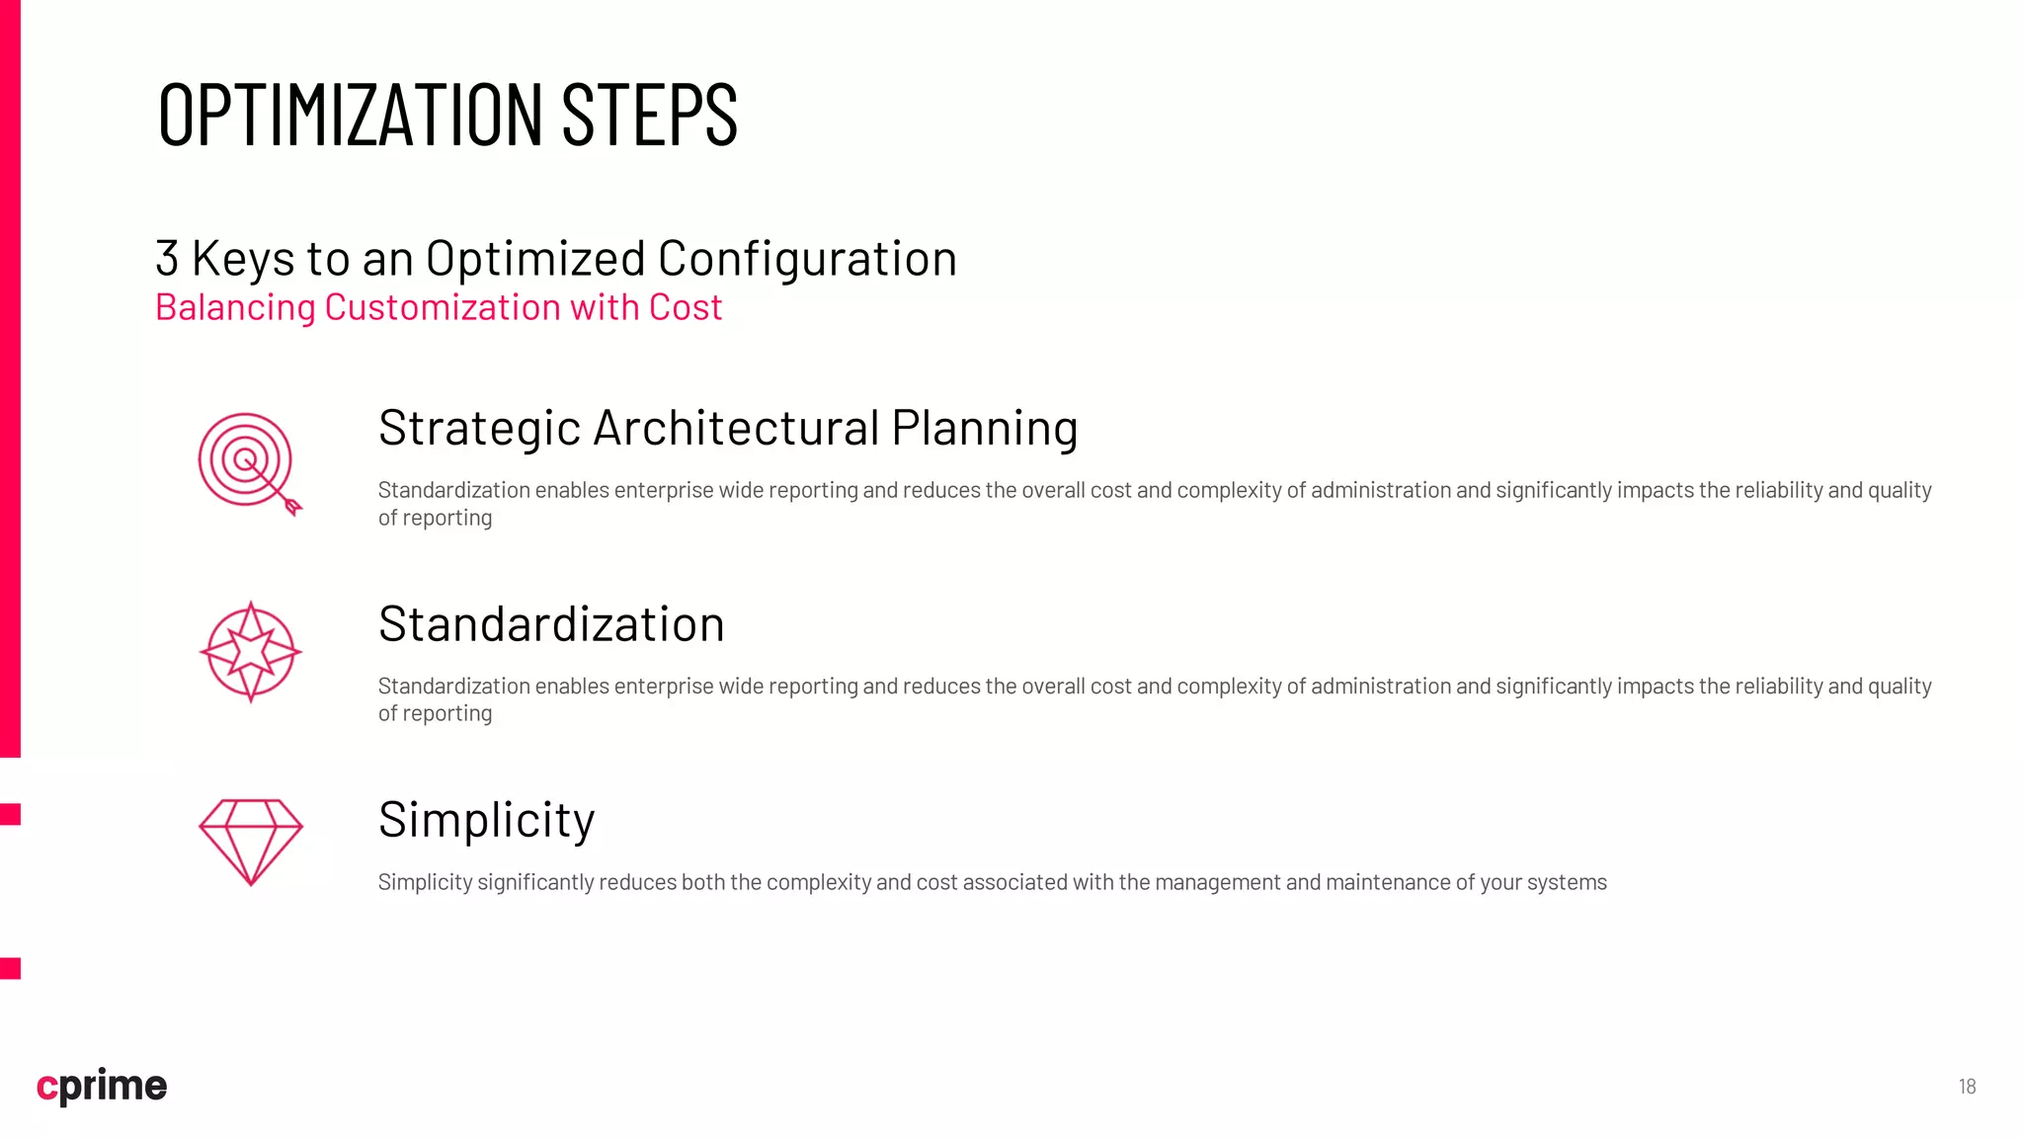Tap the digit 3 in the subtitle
point(167,259)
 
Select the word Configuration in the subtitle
point(807,259)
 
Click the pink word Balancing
point(235,307)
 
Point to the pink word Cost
point(685,307)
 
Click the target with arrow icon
point(246,460)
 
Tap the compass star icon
point(251,652)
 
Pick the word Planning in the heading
point(984,428)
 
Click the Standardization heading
point(551,624)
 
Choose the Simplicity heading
point(486,820)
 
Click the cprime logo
point(102,1086)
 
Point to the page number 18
point(1967,1087)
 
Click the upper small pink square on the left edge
point(10,814)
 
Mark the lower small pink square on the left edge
point(10,968)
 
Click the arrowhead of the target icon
point(292,507)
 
